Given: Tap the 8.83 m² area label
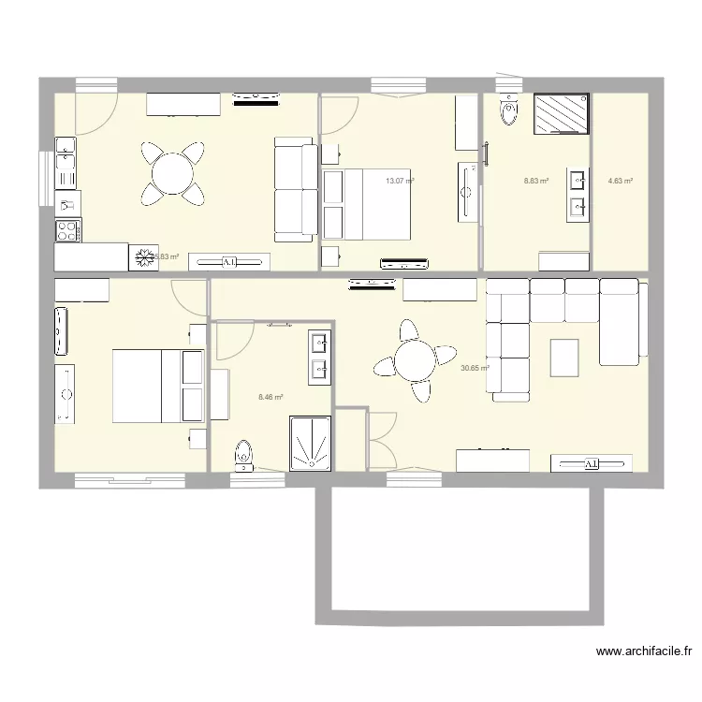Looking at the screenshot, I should pyautogui.click(x=535, y=181).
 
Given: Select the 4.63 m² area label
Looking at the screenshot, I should pyautogui.click(x=620, y=181).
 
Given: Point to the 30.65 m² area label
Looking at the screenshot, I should pyautogui.click(x=475, y=368).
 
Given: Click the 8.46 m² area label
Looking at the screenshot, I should pyautogui.click(x=271, y=397).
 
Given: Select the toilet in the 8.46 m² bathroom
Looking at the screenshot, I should pyautogui.click(x=243, y=454).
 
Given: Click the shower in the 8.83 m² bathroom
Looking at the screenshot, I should pyautogui.click(x=561, y=114).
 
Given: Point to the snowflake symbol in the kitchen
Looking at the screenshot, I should pyautogui.click(x=144, y=256).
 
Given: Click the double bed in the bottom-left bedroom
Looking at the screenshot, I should pyautogui.click(x=158, y=385).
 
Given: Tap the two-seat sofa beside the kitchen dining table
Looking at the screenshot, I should pyautogui.click(x=295, y=186).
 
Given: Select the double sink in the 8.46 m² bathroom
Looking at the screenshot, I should pyautogui.click(x=319, y=358).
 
